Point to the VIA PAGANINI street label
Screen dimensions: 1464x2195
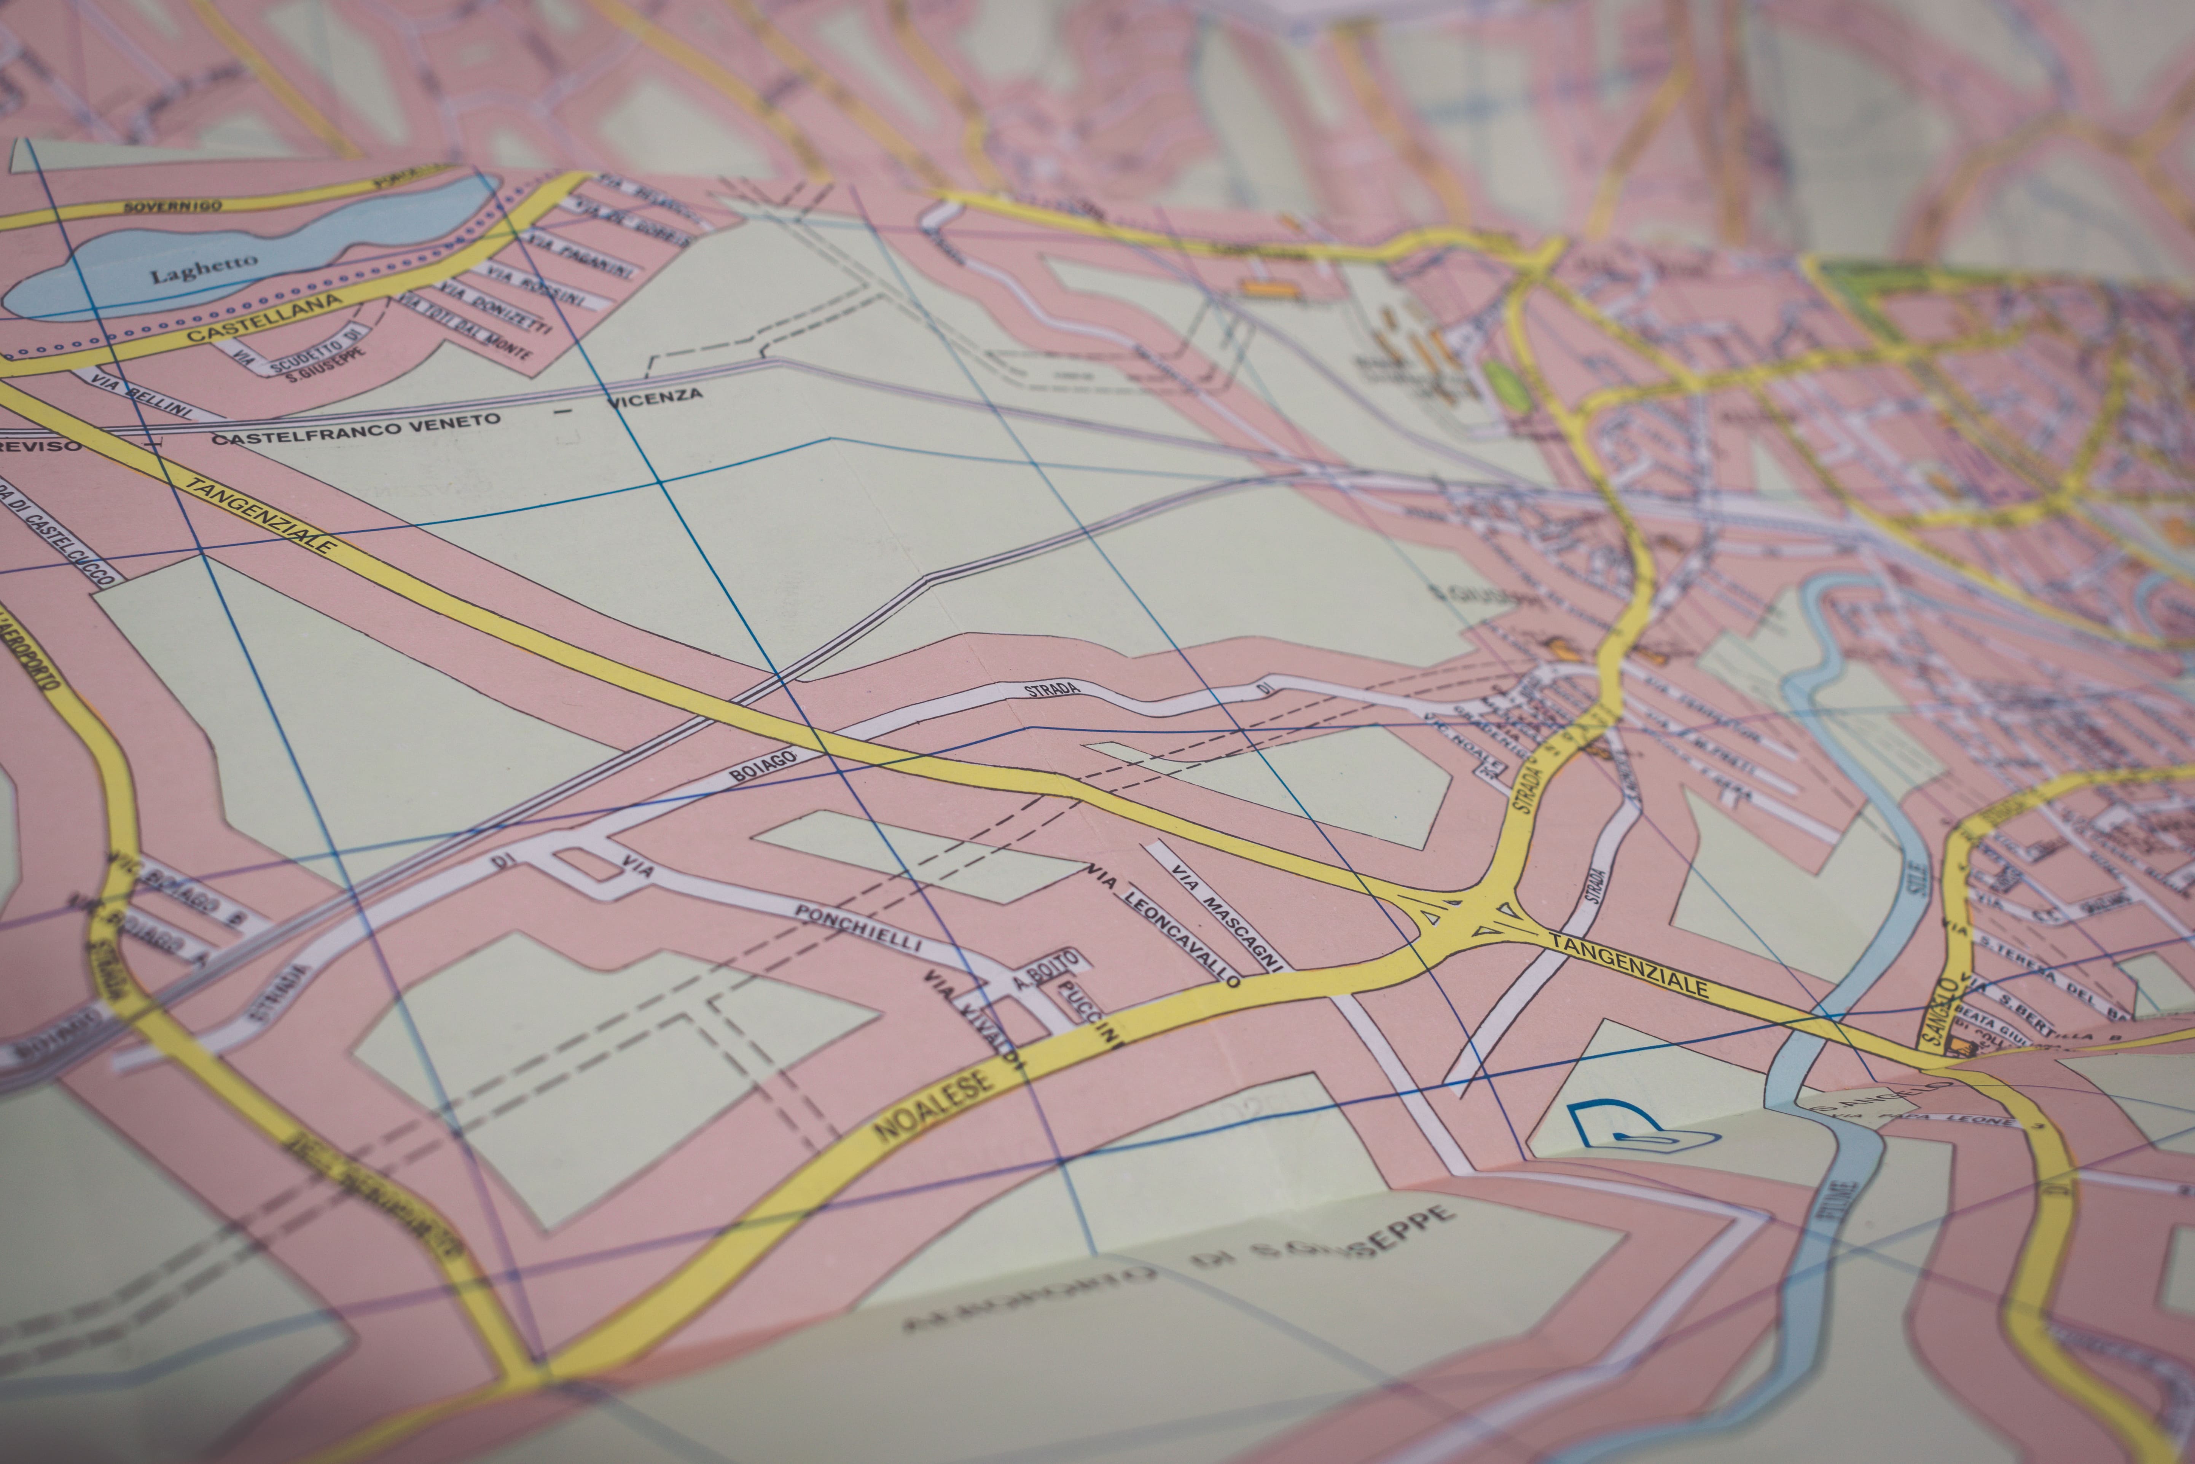tap(578, 258)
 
